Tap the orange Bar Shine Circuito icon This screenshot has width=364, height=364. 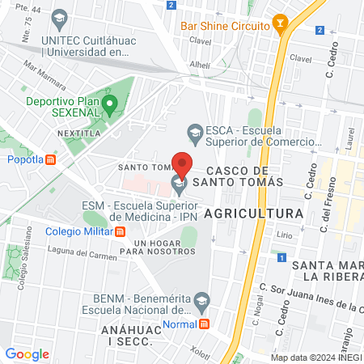(x=281, y=26)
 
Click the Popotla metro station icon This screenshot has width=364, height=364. (x=51, y=159)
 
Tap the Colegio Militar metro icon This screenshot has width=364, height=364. (x=121, y=231)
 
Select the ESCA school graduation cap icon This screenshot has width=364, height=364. (x=194, y=130)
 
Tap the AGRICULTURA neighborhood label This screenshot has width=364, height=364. (x=253, y=213)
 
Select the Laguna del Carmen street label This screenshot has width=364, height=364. (x=63, y=253)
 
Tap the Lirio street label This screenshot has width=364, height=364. (x=284, y=234)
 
